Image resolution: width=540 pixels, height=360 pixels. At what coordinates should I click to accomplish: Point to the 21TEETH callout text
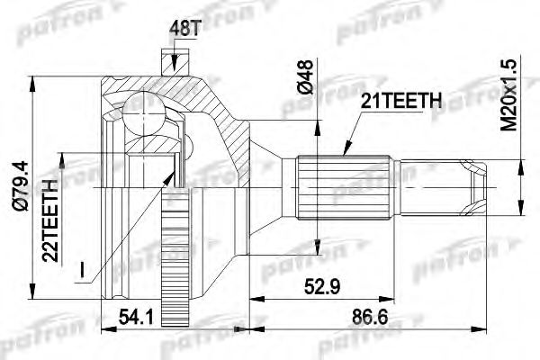coord(399,102)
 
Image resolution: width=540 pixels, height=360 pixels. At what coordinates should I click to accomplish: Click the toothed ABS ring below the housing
coord(170,261)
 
